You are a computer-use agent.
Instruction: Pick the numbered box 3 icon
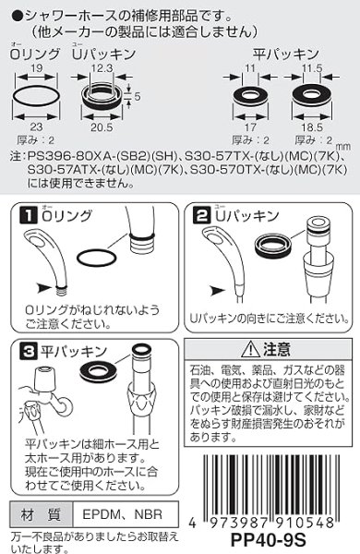click(x=29, y=352)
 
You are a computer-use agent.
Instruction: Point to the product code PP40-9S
click(x=300, y=541)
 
